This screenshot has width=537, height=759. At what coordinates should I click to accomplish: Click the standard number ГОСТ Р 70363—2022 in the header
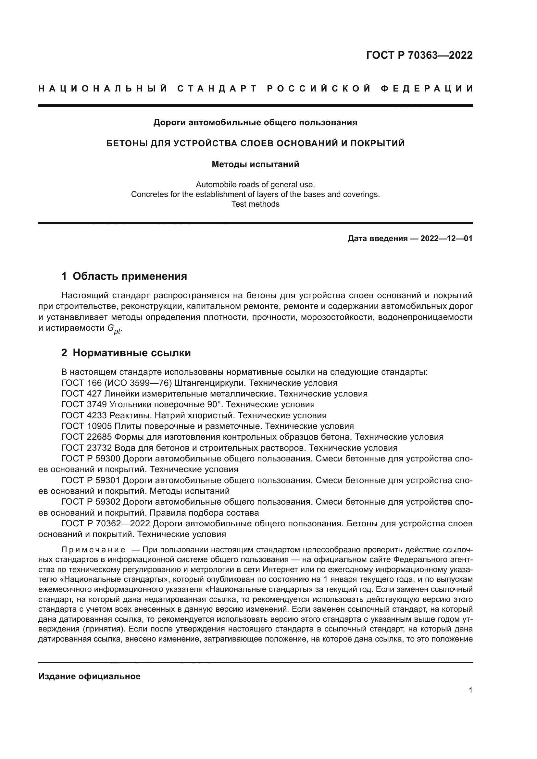tap(419, 55)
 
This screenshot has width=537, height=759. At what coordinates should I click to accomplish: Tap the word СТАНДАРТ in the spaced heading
tap(217, 89)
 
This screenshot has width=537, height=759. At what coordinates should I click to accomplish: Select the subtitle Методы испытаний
tap(255, 164)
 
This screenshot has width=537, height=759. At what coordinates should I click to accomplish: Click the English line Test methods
tap(255, 204)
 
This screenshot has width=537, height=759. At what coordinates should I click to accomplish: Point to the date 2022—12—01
tap(446, 239)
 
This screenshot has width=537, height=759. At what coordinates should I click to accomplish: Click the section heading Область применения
tap(130, 276)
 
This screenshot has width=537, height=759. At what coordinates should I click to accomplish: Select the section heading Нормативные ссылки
tap(131, 353)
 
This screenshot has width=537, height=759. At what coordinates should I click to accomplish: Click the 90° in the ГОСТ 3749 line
tap(212, 404)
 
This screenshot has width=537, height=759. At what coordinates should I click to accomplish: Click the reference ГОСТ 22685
tap(87, 437)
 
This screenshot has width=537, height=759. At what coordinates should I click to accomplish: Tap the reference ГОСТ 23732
tap(87, 448)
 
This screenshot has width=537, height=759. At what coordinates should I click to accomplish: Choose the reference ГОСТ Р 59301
tap(91, 480)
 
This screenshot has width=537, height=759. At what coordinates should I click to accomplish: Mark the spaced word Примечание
tap(93, 550)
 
